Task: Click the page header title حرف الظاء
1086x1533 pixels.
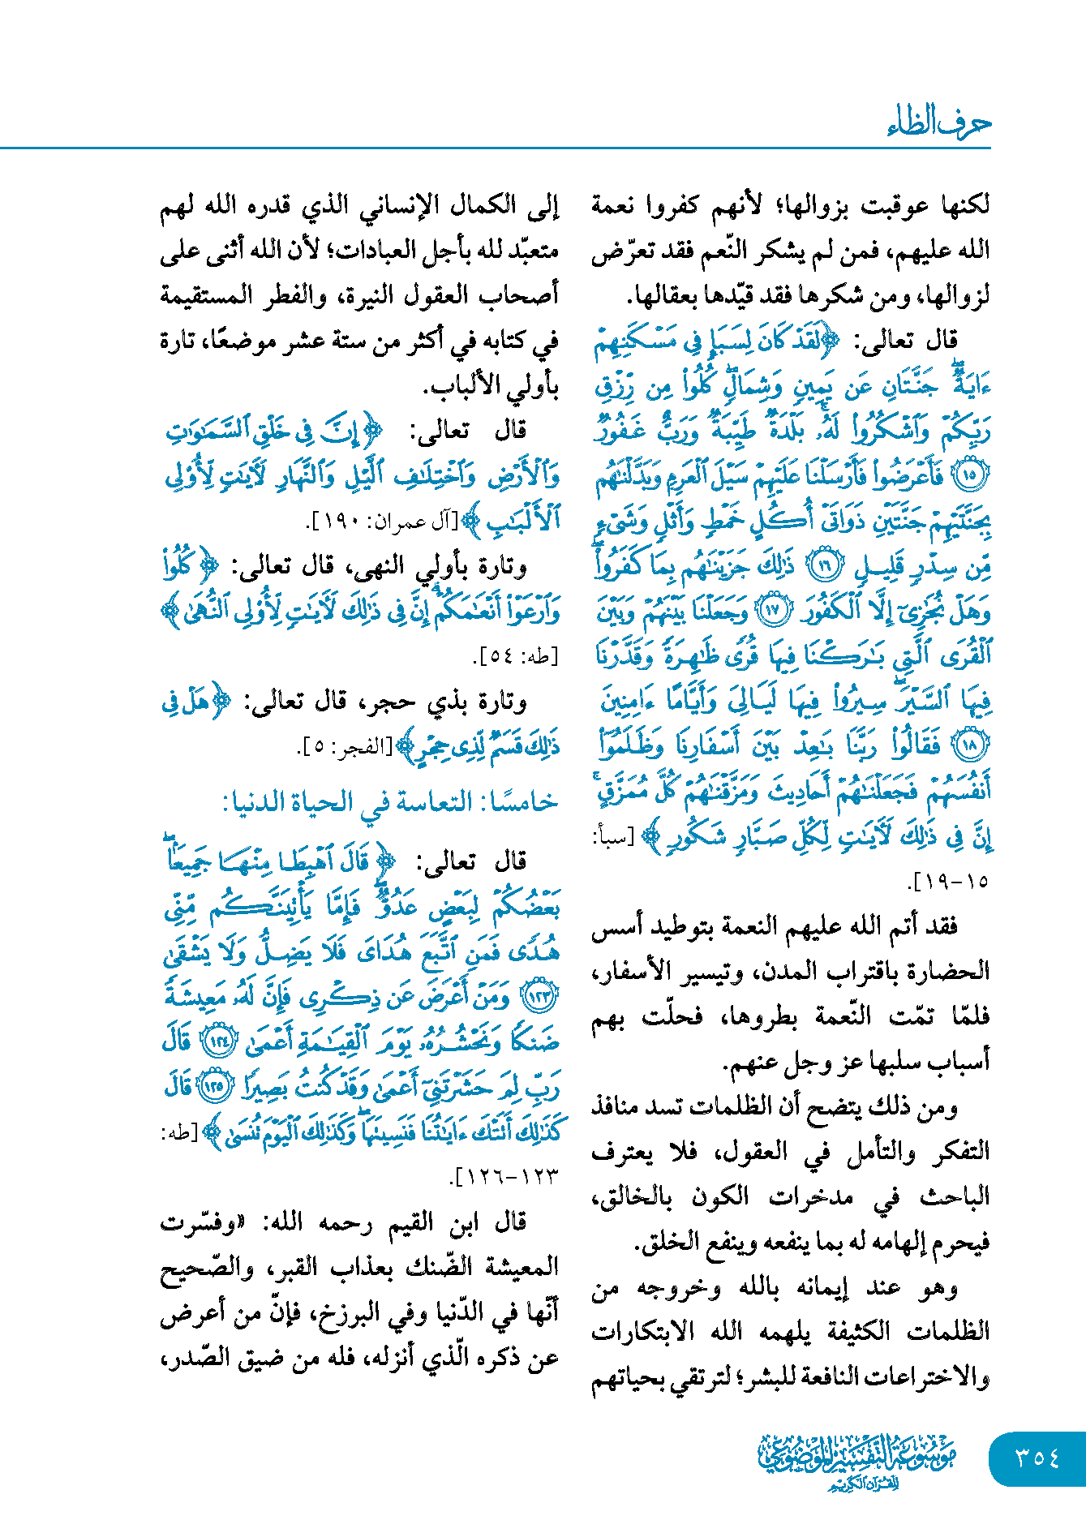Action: click(938, 123)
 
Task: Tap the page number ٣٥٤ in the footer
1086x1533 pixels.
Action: click(1037, 1458)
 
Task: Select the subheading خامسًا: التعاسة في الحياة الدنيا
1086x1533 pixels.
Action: click(391, 802)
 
